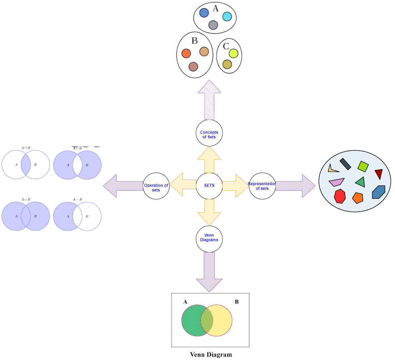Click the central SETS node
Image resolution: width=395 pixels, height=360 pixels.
pos(209,186)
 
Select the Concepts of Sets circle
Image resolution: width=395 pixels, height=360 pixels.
pos(209,133)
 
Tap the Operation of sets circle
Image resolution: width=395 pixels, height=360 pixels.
pos(156,186)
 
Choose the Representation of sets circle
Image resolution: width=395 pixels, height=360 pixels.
pos(262,186)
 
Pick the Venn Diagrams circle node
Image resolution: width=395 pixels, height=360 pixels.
pos(209,239)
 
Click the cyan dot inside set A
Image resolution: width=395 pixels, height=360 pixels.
pos(227,17)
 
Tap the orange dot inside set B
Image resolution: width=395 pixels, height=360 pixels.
pos(186,53)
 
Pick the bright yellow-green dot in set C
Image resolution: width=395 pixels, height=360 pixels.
pos(233,53)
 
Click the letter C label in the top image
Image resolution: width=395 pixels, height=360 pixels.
pos(226,46)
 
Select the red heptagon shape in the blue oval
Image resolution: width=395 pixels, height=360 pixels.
pos(340,196)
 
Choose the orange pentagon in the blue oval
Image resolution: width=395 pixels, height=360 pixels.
pos(357,198)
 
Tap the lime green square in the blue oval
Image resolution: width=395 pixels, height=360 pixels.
pos(363,166)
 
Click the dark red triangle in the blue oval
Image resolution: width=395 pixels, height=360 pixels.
pos(379,174)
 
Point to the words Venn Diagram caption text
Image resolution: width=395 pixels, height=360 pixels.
pos(211,355)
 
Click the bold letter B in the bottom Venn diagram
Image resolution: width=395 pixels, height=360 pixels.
pos(237,302)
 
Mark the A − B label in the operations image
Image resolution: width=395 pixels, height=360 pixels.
pos(77,199)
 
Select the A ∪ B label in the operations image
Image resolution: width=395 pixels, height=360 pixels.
pos(26,199)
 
